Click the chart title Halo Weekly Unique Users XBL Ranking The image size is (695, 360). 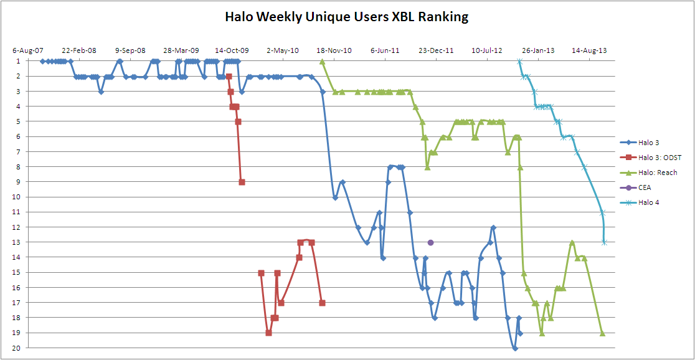click(x=347, y=17)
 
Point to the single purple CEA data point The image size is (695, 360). click(x=430, y=242)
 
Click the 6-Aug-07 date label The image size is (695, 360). click(x=28, y=50)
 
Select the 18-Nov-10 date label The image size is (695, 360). click(x=334, y=50)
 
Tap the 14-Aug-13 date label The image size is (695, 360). click(x=589, y=50)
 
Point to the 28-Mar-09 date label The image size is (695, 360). click(x=181, y=50)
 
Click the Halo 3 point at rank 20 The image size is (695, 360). click(x=515, y=348)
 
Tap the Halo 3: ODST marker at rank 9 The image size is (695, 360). click(x=242, y=182)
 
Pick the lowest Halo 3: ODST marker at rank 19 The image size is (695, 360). click(x=268, y=333)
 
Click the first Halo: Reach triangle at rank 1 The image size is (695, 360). click(x=322, y=61)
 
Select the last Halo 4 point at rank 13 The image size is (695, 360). click(x=604, y=242)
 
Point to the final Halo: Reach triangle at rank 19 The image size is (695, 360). click(x=602, y=333)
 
